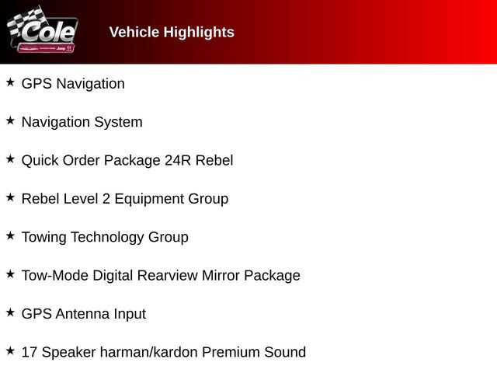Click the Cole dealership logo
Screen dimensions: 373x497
pos(43,32)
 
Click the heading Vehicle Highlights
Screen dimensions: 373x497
pos(172,32)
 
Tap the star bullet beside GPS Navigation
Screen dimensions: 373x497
pos(10,82)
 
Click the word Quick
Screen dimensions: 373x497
pos(40,160)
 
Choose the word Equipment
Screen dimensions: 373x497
pos(148,199)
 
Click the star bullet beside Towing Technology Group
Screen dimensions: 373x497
pos(10,235)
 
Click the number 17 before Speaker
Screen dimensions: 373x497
pos(30,352)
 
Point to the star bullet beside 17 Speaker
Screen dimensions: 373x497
pos(10,350)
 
